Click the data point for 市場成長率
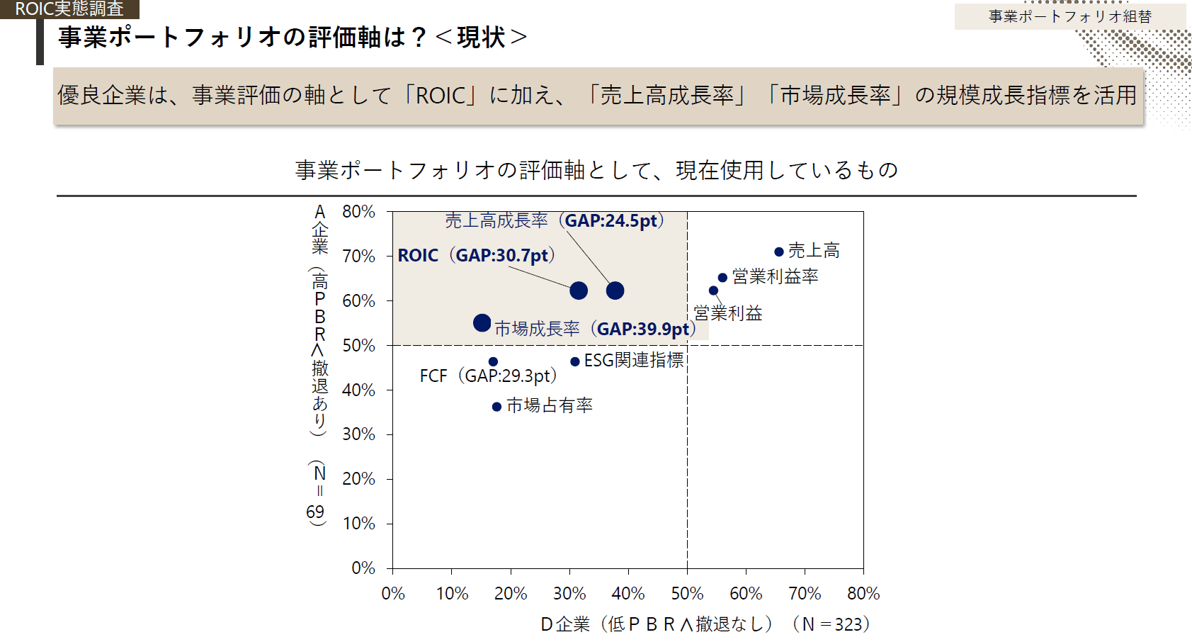pos(482,323)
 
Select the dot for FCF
pos(493,362)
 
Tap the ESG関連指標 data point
pos(575,362)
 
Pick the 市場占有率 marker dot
pos(496,407)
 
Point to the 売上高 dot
pos(778,252)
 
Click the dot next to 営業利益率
pos(722,278)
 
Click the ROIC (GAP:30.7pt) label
pos(476,255)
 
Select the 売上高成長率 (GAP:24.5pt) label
pos(555,220)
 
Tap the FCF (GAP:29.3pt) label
pos(488,376)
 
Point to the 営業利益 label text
pos(727,313)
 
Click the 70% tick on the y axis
pos(359,256)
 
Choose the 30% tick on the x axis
pos(569,593)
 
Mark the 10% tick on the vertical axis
pos(359,524)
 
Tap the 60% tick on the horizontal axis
pos(746,593)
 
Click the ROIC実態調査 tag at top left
pos(69,9)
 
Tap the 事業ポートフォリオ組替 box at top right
pos(1069,16)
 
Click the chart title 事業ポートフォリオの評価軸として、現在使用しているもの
pos(596,170)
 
